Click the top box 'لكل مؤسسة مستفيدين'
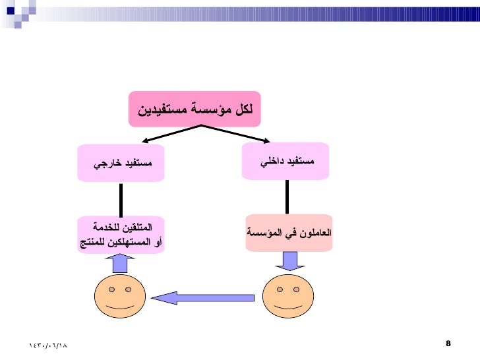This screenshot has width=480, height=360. click(195, 109)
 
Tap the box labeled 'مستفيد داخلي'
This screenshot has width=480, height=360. click(285, 160)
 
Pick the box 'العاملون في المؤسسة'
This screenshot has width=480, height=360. click(289, 233)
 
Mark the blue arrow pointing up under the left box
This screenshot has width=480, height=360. click(120, 264)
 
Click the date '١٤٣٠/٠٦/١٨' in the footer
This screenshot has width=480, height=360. click(49, 345)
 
